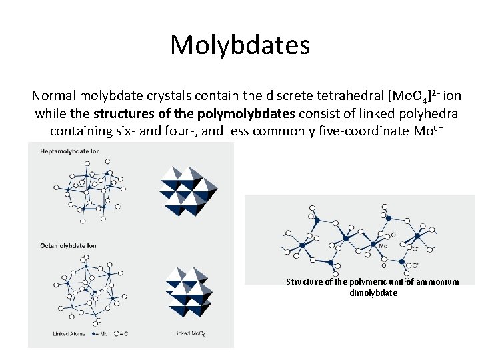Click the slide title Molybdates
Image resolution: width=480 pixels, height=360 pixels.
(240, 45)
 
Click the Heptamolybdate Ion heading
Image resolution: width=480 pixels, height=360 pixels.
(70, 153)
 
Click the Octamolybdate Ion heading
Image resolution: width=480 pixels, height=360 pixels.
(69, 245)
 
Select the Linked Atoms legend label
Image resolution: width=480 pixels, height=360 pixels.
(69, 333)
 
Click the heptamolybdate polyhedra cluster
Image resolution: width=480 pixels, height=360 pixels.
(189, 190)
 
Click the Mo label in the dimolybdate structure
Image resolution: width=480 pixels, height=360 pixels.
(383, 246)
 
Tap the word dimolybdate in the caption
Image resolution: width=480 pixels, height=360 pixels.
(373, 293)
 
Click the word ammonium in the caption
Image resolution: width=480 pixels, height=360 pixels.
(437, 282)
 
